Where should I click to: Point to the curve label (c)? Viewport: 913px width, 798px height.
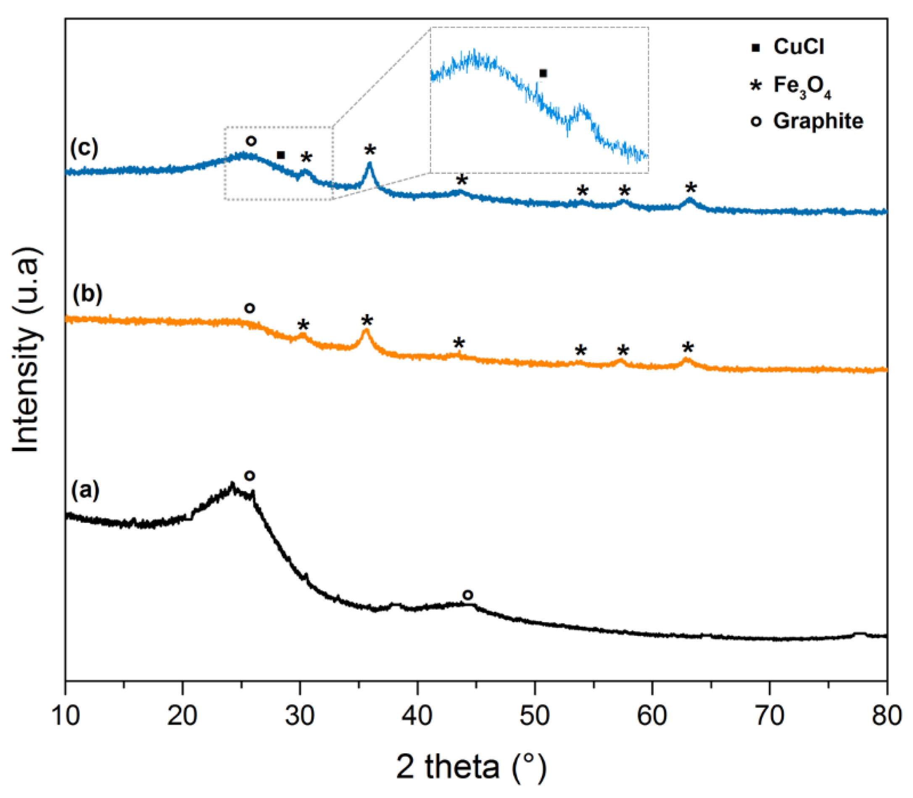point(84,148)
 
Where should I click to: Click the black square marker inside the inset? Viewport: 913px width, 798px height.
point(543,73)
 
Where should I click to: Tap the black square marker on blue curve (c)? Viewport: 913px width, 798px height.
point(281,155)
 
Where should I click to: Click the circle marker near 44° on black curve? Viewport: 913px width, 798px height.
point(467,595)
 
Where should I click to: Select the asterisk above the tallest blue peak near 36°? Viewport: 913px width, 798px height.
point(370,150)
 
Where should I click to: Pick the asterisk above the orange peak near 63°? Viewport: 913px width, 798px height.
point(688,348)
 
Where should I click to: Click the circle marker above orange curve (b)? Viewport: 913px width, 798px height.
point(250,308)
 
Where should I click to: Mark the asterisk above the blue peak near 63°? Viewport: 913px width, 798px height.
point(691,187)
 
